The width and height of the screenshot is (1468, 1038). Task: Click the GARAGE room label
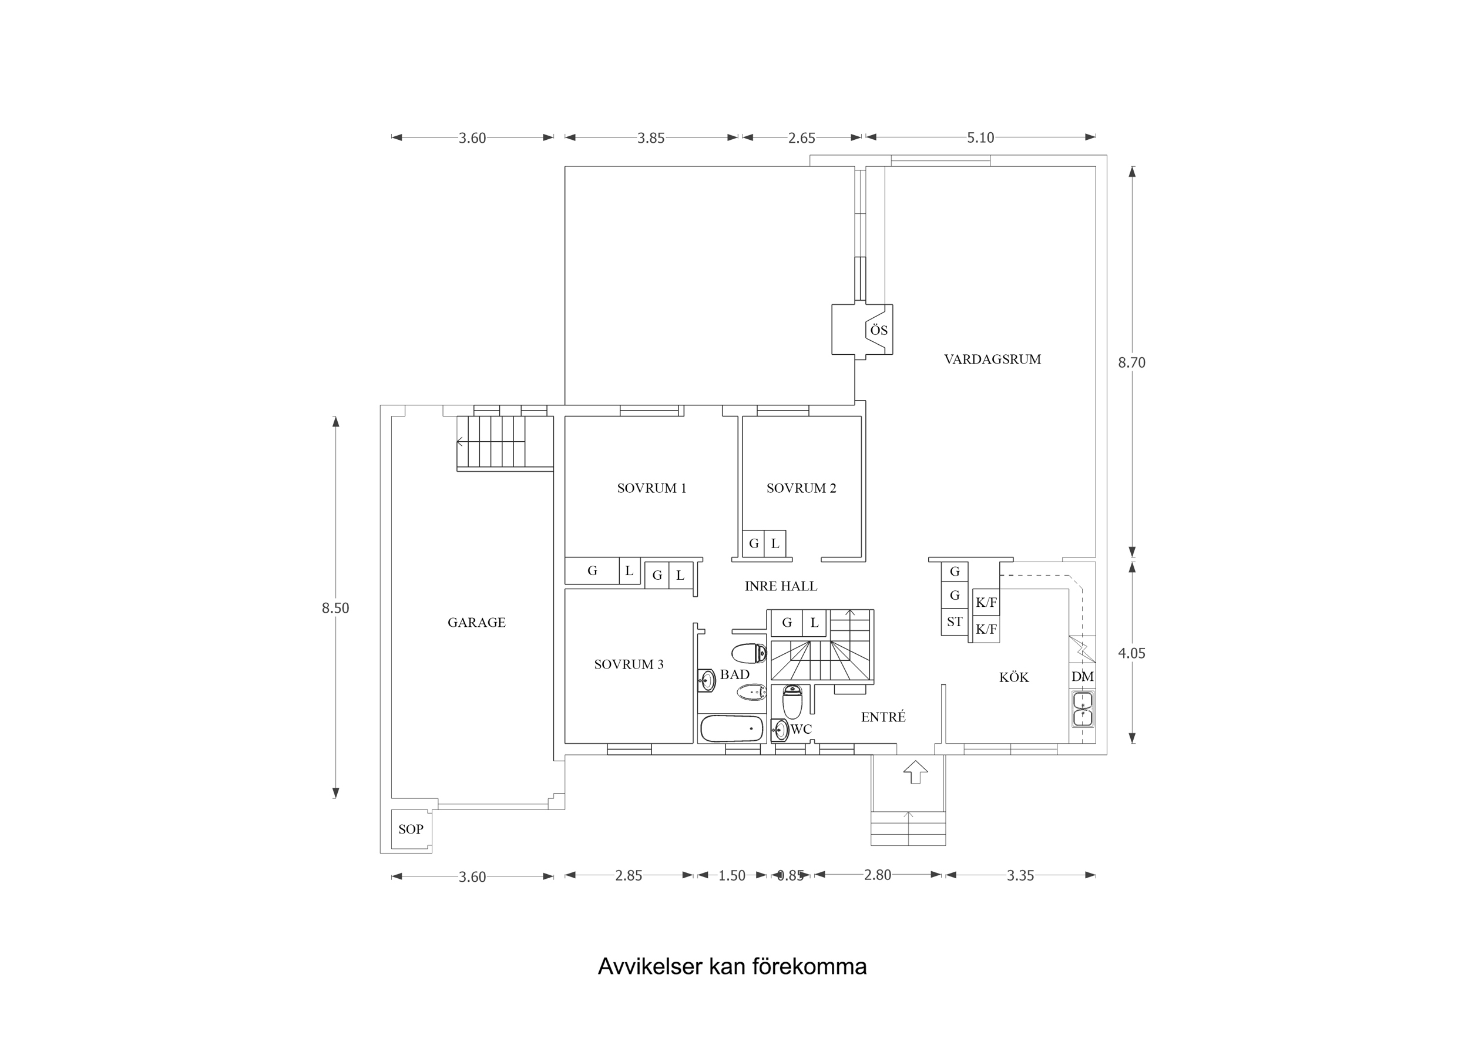pyautogui.click(x=476, y=622)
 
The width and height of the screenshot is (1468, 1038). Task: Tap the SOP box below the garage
pyautogui.click(x=411, y=829)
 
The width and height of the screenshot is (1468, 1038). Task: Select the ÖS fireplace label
pyautogui.click(x=878, y=330)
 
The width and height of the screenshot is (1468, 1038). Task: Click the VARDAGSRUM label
pyautogui.click(x=992, y=360)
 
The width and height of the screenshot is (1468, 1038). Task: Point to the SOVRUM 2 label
pyautogui.click(x=801, y=488)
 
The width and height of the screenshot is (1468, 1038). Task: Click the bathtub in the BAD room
pyautogui.click(x=731, y=728)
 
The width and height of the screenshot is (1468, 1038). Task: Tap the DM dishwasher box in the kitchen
pyautogui.click(x=1082, y=677)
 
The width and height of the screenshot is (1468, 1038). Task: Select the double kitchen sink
pyautogui.click(x=1082, y=708)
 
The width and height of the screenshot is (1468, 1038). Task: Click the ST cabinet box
pyautogui.click(x=954, y=622)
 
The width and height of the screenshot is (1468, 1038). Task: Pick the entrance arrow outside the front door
pyautogui.click(x=915, y=772)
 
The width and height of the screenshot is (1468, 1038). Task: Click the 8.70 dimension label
pyautogui.click(x=1131, y=362)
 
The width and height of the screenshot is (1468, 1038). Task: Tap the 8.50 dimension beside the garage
pyautogui.click(x=335, y=608)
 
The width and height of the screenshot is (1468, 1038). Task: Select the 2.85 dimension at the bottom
pyautogui.click(x=628, y=875)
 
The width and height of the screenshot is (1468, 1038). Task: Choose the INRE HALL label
pyautogui.click(x=780, y=586)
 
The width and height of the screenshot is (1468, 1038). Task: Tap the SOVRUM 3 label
pyautogui.click(x=629, y=664)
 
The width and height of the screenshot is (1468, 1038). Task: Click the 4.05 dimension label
pyautogui.click(x=1131, y=654)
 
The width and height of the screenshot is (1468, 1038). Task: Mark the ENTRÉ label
pyautogui.click(x=883, y=718)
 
